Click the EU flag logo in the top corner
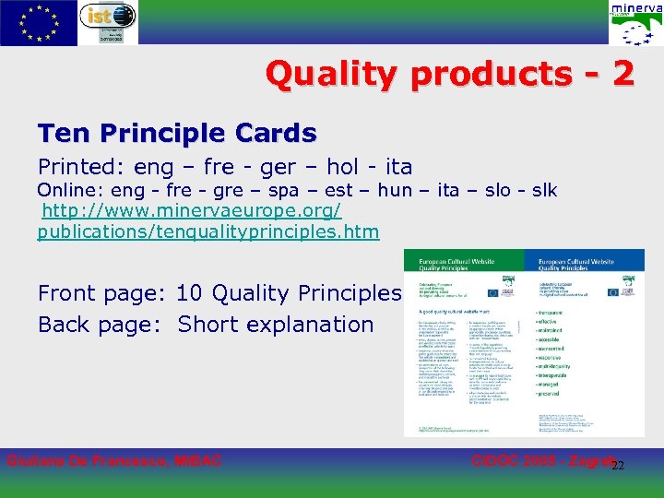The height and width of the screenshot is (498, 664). coord(39,22)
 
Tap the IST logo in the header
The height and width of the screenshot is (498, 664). coord(108,22)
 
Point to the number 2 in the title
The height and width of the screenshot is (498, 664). coord(622,74)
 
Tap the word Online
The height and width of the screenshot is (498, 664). coord(70,191)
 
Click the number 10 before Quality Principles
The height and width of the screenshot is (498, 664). coord(189,294)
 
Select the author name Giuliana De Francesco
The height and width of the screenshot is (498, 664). coord(114,460)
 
